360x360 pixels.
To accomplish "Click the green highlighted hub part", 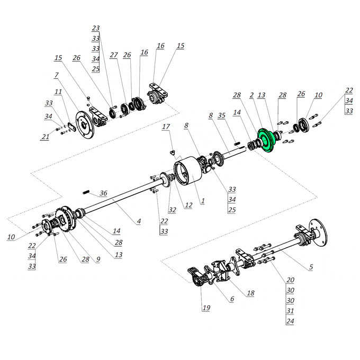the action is [x=266, y=140].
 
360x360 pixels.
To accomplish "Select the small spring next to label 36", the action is [x=86, y=192].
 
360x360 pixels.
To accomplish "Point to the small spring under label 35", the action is [x=237, y=143].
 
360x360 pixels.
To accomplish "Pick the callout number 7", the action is [x=56, y=75].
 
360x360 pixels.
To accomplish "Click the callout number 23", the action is [x=96, y=28].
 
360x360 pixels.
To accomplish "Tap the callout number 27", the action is [x=114, y=55].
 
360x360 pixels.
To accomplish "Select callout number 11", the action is [x=58, y=92].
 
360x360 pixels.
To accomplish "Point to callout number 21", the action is [x=45, y=137].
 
